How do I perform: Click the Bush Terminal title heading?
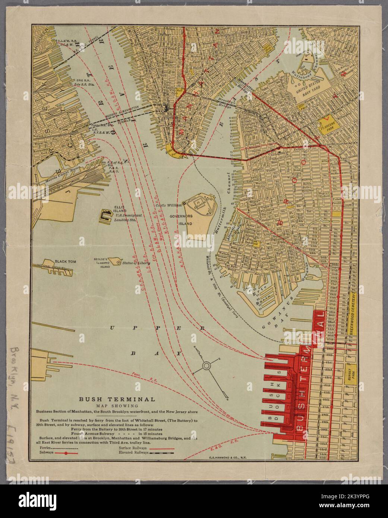(x=117, y=399)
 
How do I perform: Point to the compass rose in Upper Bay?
(x=205, y=366)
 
